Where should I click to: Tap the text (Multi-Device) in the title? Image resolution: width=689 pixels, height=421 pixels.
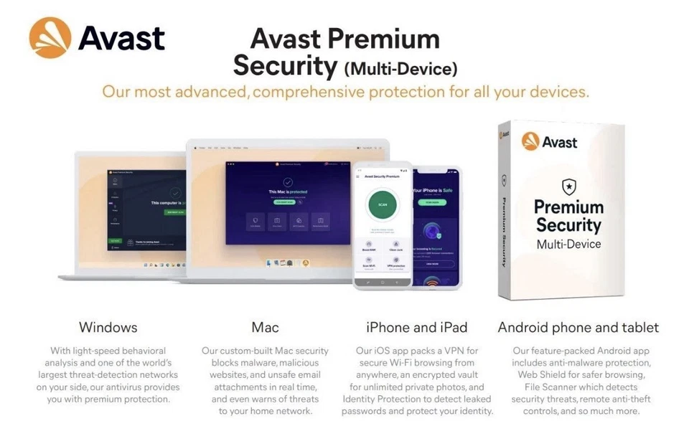click(400, 70)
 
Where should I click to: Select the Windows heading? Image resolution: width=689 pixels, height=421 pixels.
click(108, 328)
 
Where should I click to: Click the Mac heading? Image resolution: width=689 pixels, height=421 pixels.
click(265, 328)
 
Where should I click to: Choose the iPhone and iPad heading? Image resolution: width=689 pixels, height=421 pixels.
click(416, 328)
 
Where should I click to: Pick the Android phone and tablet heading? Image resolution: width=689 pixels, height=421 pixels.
click(578, 328)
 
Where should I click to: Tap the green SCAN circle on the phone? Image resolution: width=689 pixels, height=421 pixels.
click(383, 205)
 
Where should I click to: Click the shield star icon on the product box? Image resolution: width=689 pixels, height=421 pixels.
click(568, 186)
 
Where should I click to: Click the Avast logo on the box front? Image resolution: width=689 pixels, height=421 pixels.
click(550, 141)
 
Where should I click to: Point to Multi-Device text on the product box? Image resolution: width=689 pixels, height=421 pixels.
click(569, 244)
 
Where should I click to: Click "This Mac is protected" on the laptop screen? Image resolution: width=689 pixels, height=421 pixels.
click(288, 192)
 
